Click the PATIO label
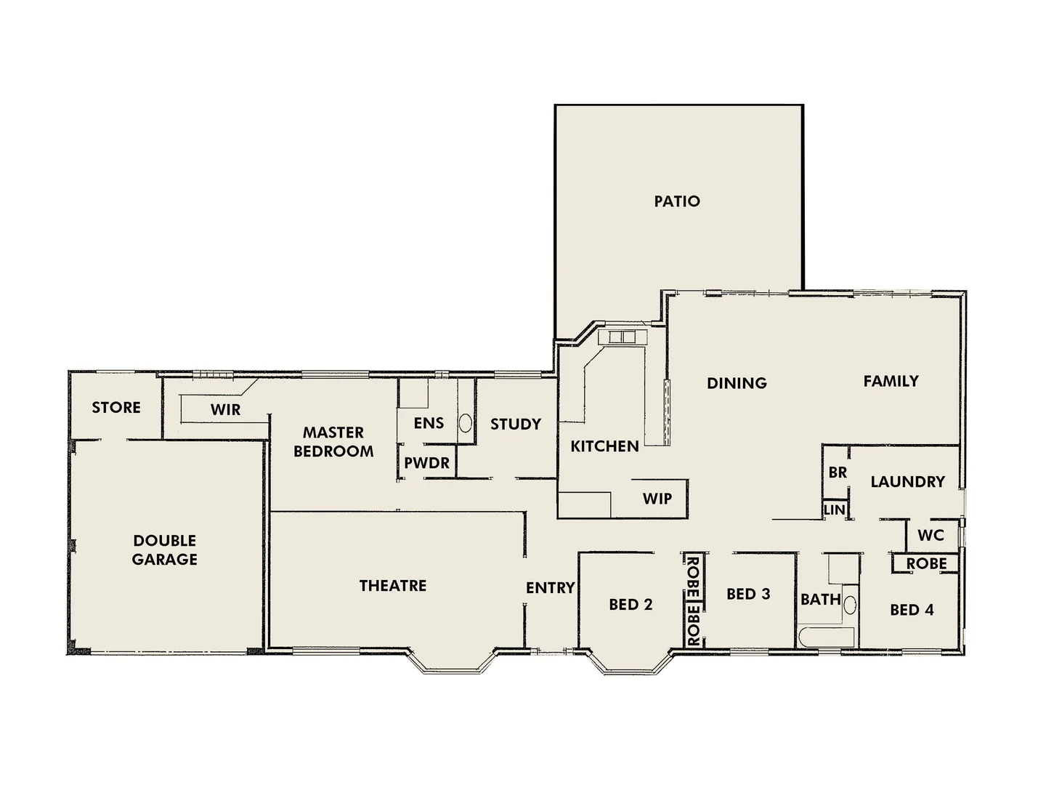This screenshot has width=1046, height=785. (x=677, y=201)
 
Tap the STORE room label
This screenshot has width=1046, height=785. (x=116, y=408)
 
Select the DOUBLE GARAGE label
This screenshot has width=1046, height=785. (x=165, y=550)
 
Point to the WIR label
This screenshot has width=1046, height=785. (x=225, y=410)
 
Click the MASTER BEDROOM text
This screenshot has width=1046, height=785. (x=333, y=442)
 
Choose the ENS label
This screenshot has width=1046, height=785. (x=429, y=423)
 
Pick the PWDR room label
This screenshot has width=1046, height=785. (x=427, y=463)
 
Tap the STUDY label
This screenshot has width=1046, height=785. (x=516, y=424)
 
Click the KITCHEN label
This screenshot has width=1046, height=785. (x=604, y=446)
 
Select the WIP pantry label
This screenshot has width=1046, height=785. (x=657, y=499)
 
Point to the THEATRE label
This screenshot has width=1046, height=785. (x=393, y=586)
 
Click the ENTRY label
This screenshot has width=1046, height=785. (x=551, y=588)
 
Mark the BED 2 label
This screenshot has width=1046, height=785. (x=631, y=605)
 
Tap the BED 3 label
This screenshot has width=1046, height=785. (x=748, y=595)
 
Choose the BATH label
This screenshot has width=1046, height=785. (x=821, y=600)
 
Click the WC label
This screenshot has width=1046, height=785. (x=931, y=536)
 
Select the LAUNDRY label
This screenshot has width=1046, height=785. (x=908, y=482)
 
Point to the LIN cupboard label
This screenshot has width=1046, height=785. (x=835, y=510)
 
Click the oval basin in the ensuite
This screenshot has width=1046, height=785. (x=465, y=423)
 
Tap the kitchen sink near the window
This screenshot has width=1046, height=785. (x=622, y=337)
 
